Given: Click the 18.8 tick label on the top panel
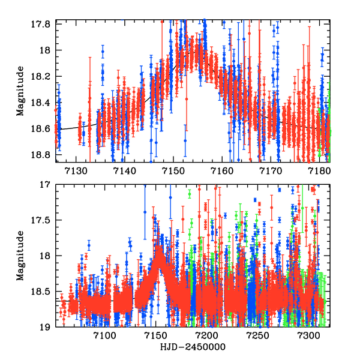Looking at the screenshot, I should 41,154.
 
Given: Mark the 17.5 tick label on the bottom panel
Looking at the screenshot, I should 41,220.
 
